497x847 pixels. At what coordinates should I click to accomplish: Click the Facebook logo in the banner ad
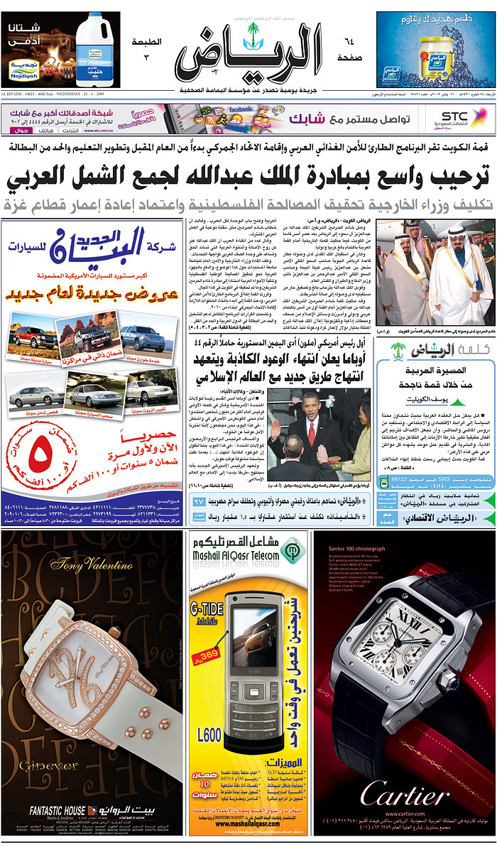point(242,109)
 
